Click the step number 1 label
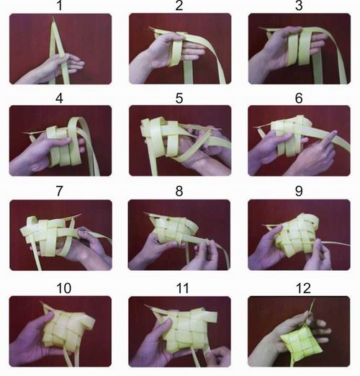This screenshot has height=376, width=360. (x=60, y=6)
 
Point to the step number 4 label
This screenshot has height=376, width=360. (x=60, y=99)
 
